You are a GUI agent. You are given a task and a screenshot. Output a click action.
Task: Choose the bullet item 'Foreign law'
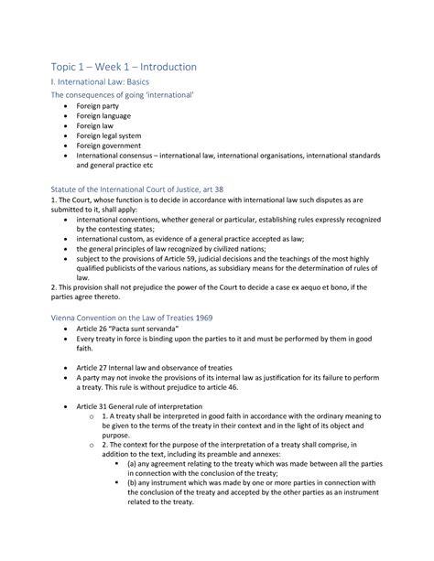pyautogui.click(x=97, y=136)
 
